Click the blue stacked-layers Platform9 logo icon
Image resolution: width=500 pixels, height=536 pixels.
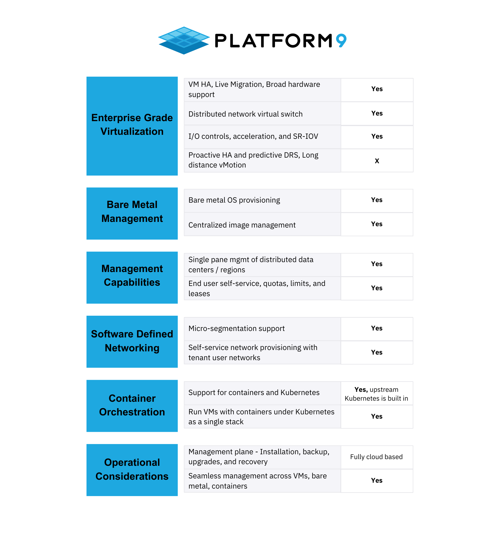[184, 40]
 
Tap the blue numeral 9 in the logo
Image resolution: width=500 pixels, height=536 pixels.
[341, 40]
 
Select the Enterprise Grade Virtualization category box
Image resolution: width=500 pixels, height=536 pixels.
[132, 126]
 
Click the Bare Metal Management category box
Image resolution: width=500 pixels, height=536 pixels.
[132, 213]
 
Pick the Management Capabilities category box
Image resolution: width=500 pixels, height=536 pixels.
[132, 277]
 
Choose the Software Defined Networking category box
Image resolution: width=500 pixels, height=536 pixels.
[132, 342]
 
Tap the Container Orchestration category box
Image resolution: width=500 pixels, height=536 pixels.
[132, 406]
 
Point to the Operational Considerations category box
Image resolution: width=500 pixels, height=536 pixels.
[132, 470]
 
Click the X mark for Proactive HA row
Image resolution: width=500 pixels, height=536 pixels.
[377, 161]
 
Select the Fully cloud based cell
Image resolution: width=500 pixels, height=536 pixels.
[377, 457]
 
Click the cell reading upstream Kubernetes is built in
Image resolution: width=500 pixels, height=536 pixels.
[377, 394]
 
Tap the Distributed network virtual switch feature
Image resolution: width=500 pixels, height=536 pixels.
[245, 114]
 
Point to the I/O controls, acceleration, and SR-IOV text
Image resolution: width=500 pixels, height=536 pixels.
[253, 136]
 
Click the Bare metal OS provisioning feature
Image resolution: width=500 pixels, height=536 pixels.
[234, 200]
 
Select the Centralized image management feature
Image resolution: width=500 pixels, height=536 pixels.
[242, 225]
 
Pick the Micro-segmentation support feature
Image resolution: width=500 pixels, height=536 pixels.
[236, 328]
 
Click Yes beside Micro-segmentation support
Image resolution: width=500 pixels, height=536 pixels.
[377, 328]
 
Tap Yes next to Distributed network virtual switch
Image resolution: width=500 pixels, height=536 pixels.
[377, 113]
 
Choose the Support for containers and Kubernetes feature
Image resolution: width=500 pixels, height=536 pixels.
[254, 393]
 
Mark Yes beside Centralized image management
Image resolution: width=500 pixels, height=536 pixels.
[377, 224]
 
